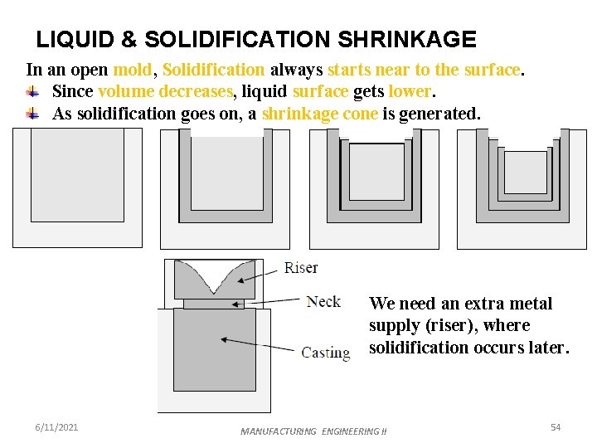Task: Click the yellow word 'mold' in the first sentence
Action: [132, 70]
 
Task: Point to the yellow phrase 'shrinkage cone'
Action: [320, 114]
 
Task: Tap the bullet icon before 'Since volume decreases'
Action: [32, 91]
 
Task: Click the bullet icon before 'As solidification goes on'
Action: [32, 114]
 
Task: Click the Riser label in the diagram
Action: [301, 267]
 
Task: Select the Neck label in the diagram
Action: [323, 300]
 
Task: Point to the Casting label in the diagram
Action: [325, 352]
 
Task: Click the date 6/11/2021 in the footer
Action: [57, 426]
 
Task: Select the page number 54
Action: [556, 426]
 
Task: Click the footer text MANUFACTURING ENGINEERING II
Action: [313, 431]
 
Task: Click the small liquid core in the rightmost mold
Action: [525, 172]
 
